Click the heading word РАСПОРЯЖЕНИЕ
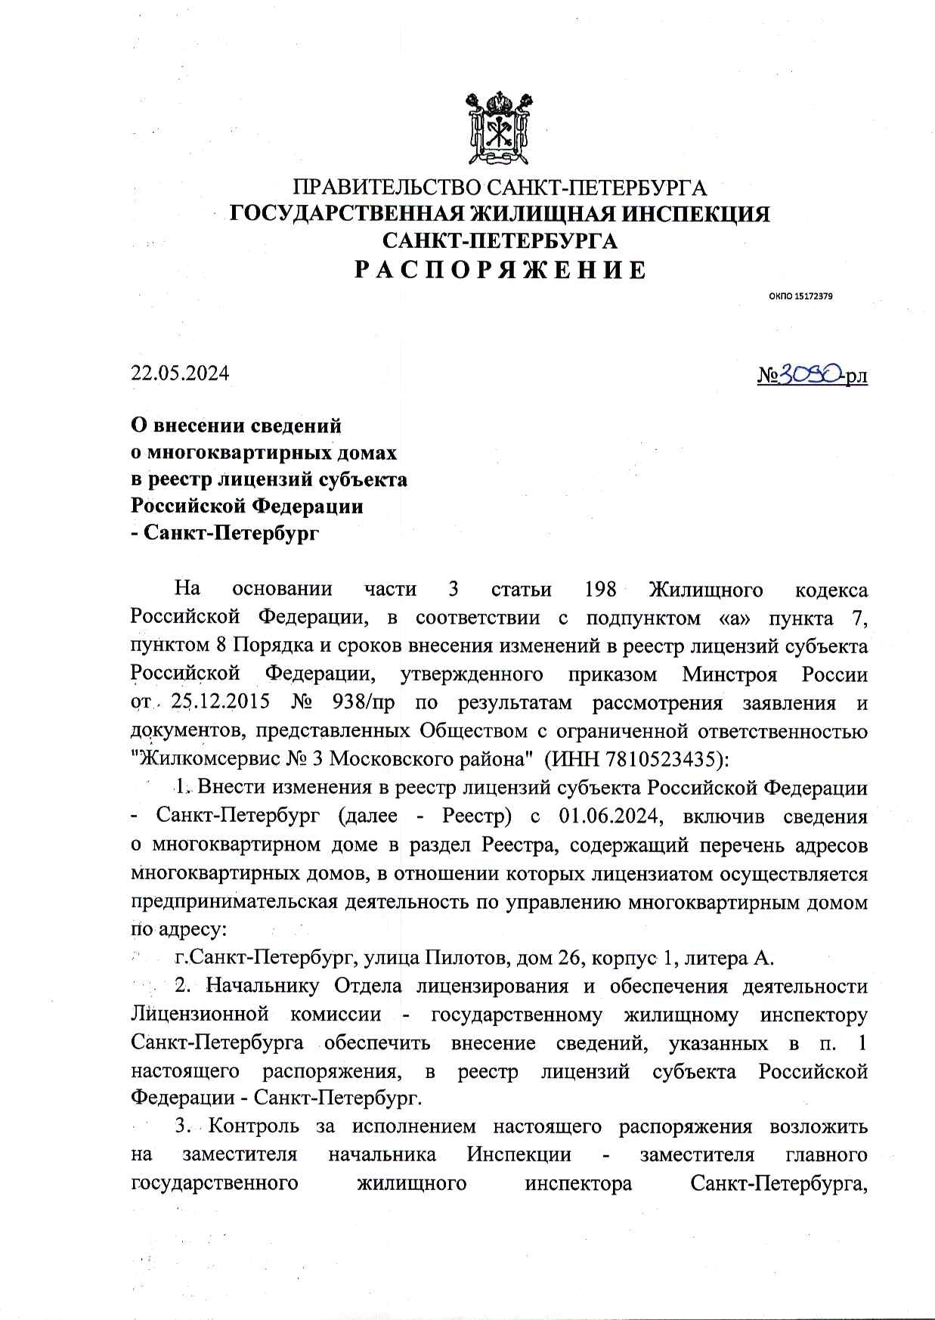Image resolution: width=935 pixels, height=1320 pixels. [500, 270]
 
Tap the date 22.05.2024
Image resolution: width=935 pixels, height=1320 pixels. [180, 373]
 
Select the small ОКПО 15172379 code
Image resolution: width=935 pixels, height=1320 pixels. [801, 297]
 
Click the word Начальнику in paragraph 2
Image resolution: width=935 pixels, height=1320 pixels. [264, 987]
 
